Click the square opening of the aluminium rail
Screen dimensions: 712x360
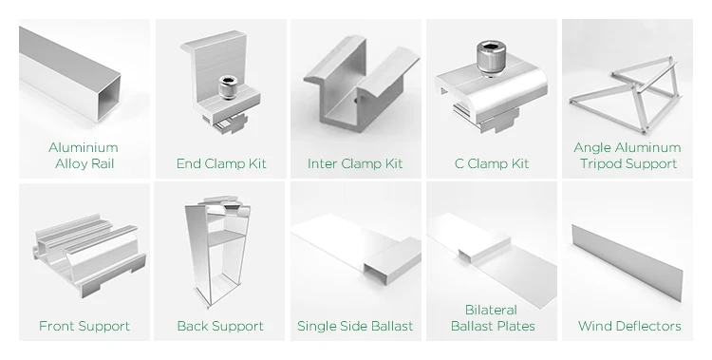pos(106,98)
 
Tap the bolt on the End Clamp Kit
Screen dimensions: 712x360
pos(228,87)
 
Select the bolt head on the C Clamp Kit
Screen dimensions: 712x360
pos(491,57)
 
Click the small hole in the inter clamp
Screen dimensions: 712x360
pos(356,100)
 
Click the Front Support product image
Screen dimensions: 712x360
pos(89,256)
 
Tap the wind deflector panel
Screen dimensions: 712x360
pos(628,262)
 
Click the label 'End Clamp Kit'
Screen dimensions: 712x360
pos(221,163)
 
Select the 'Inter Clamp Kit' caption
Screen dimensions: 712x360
pos(355,163)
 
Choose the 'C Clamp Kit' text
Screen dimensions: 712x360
pos(492,163)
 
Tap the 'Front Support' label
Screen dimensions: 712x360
pos(84,326)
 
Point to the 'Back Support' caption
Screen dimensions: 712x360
pos(220,326)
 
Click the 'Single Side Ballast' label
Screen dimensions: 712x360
pos(355,326)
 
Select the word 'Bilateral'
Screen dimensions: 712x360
pos(492,310)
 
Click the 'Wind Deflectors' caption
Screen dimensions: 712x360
pos(629,326)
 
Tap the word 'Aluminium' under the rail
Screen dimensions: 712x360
pos(84,147)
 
